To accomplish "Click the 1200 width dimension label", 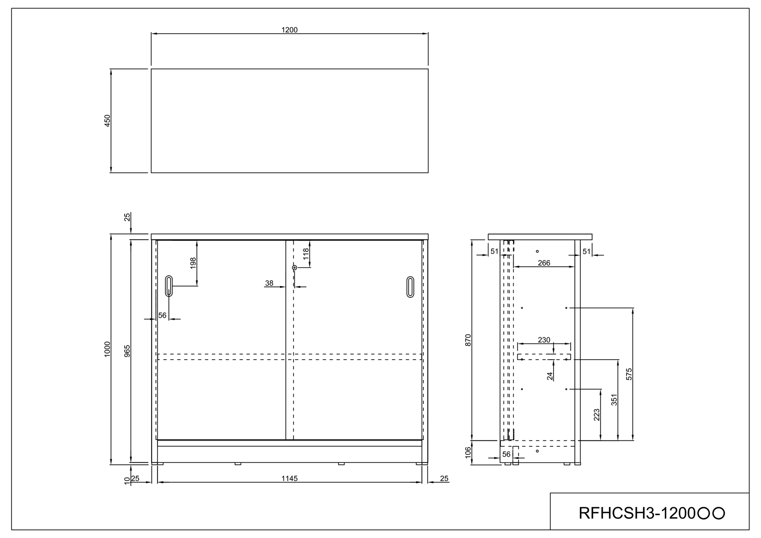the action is coord(290,30).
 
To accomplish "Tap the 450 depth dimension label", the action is coord(107,121).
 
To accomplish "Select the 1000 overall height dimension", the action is coord(107,349).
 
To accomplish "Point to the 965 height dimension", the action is coord(127,351).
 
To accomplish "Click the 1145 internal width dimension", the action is coord(290,479).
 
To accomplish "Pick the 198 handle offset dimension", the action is coord(193,263).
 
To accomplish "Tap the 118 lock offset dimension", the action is coord(306,254).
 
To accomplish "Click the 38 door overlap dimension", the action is coord(269,283).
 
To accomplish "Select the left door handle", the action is coord(169,286).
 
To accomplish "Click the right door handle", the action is coord(410,287).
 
